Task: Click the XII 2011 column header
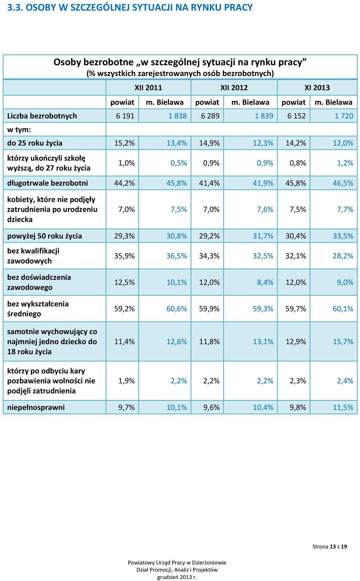click(148, 87)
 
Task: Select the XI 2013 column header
click(317, 87)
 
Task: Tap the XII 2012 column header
click(234, 87)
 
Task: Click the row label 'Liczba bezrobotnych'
click(42, 116)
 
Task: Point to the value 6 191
click(125, 116)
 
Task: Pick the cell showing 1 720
click(344, 116)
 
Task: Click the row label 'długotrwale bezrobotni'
click(48, 183)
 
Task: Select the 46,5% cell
click(343, 183)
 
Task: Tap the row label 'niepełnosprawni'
click(36, 407)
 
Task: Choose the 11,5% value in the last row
click(343, 407)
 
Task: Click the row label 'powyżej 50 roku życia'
click(44, 236)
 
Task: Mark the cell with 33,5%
click(343, 236)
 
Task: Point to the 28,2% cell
click(343, 256)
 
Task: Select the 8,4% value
click(265, 282)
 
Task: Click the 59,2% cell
click(124, 308)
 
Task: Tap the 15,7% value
click(343, 341)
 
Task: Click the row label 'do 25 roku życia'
click(34, 143)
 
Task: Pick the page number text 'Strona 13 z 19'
click(329, 547)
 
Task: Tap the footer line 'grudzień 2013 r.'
click(177, 577)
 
